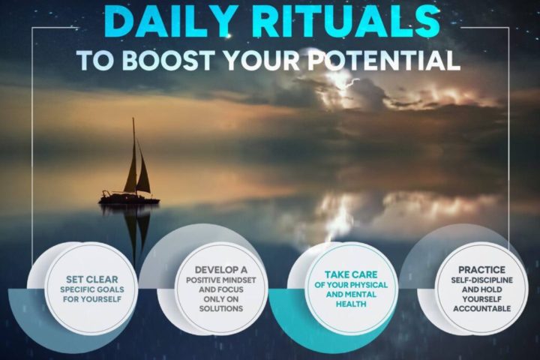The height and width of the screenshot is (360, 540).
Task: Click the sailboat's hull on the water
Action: pyautogui.click(x=129, y=199)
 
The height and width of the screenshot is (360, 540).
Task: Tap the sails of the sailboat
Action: pyautogui.click(x=137, y=169)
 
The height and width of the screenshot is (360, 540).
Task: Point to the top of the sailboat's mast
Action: pyautogui.click(x=133, y=118)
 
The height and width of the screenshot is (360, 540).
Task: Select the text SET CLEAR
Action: pyautogui.click(x=92, y=280)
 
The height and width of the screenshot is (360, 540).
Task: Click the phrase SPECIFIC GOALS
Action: pyautogui.click(x=92, y=289)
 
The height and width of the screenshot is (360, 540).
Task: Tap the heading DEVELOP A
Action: pyautogui.click(x=221, y=270)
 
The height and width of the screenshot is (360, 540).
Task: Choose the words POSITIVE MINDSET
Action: pyautogui.click(x=221, y=280)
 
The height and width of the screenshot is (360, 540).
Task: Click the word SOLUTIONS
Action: pyautogui.click(x=221, y=308)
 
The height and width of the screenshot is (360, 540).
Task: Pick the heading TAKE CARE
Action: pyautogui.click(x=351, y=274)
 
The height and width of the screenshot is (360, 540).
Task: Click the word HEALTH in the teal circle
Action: pyautogui.click(x=351, y=304)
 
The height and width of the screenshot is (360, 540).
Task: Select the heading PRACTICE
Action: pyautogui.click(x=481, y=270)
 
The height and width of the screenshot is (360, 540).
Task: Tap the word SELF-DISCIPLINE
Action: pyautogui.click(x=481, y=280)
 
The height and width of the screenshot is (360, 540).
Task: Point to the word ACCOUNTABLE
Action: pyautogui.click(x=481, y=308)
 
